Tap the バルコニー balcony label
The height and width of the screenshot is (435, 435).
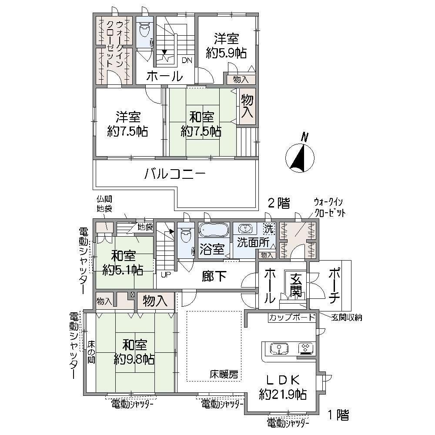tap(175, 174)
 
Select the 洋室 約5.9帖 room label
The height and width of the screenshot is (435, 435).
tap(226, 46)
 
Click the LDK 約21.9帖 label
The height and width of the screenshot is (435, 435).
tap(283, 387)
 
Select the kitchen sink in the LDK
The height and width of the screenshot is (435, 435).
tap(279, 348)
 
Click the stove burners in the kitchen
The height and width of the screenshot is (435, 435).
tap(306, 348)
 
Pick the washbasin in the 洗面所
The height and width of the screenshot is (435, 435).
tap(245, 229)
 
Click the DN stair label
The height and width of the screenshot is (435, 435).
tap(187, 60)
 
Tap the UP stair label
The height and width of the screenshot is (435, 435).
tap(166, 274)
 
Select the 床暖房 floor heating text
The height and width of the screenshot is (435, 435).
tap(224, 375)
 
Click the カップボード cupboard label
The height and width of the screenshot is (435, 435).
tap(292, 317)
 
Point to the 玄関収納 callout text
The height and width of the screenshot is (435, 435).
tap(347, 318)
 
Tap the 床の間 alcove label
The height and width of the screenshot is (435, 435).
tap(91, 352)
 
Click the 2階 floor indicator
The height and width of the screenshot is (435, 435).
tap(278, 203)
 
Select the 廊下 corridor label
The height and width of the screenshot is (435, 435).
tap(214, 276)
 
